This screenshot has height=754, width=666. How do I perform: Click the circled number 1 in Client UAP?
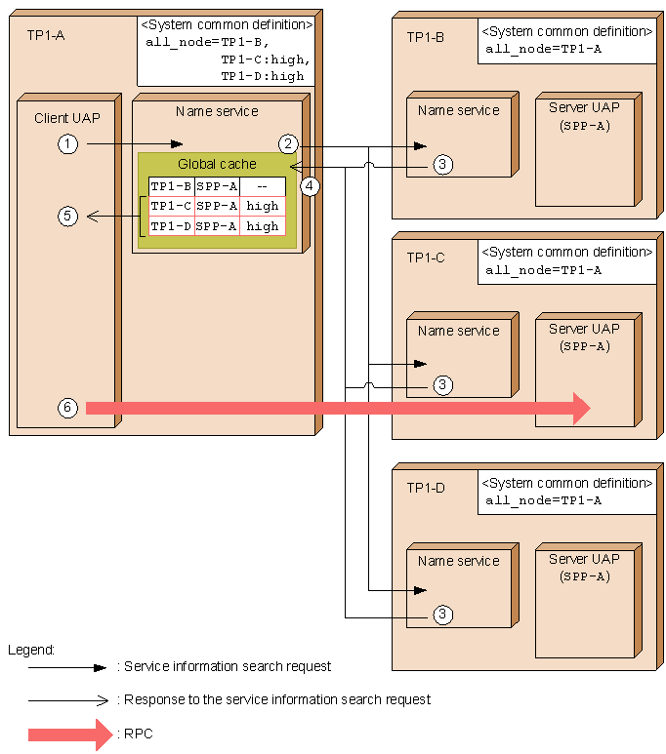[67, 144]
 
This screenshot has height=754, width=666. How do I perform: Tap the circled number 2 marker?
[287, 144]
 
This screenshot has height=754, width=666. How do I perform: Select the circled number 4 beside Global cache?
[311, 185]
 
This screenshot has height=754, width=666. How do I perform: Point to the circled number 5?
[67, 217]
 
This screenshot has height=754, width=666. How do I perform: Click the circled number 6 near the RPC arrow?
[67, 408]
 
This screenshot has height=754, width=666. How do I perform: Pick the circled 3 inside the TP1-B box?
[442, 165]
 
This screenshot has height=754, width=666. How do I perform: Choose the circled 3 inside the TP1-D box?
[442, 615]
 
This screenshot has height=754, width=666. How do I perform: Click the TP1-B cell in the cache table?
[171, 186]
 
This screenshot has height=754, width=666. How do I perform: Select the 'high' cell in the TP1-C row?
[263, 206]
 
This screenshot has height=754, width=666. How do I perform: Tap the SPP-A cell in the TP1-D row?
[217, 226]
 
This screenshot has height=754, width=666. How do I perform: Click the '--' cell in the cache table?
[263, 186]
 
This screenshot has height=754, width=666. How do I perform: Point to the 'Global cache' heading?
[217, 164]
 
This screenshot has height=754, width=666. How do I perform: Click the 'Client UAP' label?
[67, 118]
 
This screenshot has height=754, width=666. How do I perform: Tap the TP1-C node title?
[426, 258]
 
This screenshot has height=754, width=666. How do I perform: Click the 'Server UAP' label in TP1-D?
[584, 559]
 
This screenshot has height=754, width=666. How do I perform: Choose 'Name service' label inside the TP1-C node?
[458, 331]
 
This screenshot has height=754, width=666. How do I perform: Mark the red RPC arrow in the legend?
[70, 734]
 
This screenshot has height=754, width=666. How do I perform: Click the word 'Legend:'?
[31, 649]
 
